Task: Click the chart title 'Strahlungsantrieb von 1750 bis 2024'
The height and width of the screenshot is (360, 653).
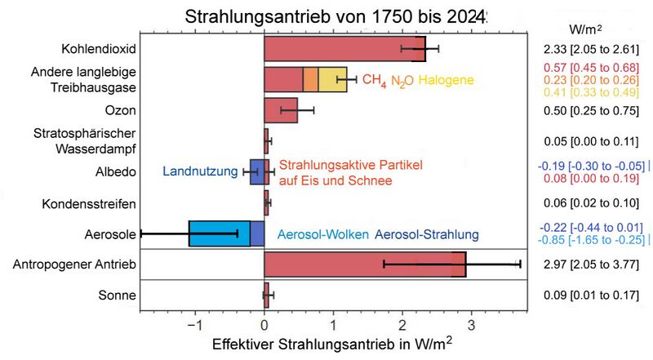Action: click(x=324, y=16)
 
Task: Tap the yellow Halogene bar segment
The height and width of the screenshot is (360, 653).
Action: click(x=332, y=80)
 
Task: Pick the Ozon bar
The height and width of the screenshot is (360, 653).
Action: click(x=281, y=110)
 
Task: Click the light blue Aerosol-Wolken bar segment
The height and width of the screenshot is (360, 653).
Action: click(x=219, y=233)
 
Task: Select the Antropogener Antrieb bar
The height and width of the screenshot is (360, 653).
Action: click(x=364, y=264)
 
